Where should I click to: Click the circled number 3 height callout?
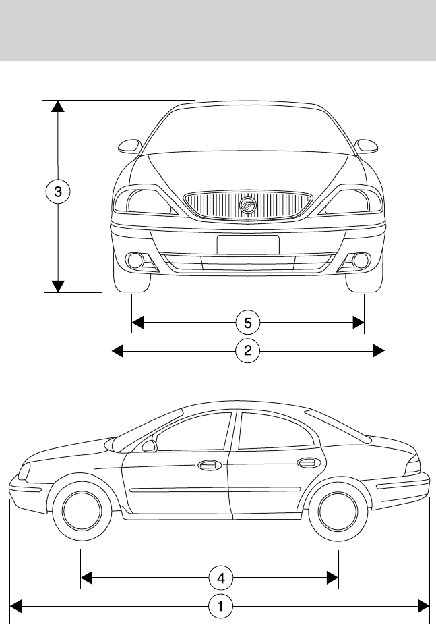pyautogui.click(x=59, y=192)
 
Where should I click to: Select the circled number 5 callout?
pyautogui.click(x=247, y=323)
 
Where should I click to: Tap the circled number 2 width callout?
pyautogui.click(x=247, y=350)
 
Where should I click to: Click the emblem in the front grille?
pyautogui.click(x=247, y=205)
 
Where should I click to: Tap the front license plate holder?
pyautogui.click(x=247, y=244)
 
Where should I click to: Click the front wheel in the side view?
pyautogui.click(x=82, y=511)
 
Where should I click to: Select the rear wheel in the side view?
pyautogui.click(x=337, y=511)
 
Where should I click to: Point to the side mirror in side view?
pyautogui.click(x=149, y=446)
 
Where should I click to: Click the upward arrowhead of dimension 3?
pyautogui.click(x=59, y=106)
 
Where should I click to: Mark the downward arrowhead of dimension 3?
pyautogui.click(x=59, y=286)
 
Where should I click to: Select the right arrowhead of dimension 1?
pyautogui.click(x=424, y=607)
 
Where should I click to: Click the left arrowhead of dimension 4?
pyautogui.click(x=86, y=578)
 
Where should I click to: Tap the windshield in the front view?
pyautogui.click(x=247, y=131)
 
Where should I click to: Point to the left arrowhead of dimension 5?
pyautogui.click(x=137, y=323)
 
